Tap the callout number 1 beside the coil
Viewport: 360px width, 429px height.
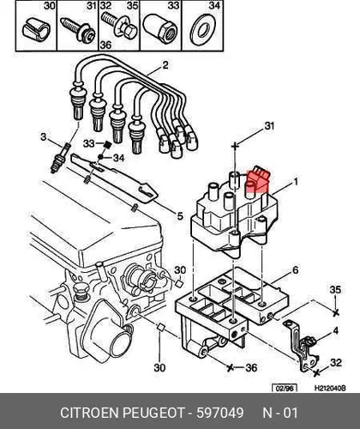(x=296, y=182)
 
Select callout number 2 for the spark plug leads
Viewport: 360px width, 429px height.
(x=165, y=65)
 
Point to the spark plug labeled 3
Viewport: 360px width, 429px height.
(x=60, y=158)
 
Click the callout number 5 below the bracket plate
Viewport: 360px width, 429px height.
(x=180, y=216)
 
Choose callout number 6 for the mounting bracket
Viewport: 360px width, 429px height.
(x=295, y=270)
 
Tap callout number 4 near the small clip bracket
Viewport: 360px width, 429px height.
(x=336, y=330)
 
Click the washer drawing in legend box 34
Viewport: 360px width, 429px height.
(x=203, y=31)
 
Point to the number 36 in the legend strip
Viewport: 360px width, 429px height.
(x=105, y=45)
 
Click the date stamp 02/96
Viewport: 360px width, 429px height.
(x=285, y=388)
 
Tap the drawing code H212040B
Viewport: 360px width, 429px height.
(x=330, y=388)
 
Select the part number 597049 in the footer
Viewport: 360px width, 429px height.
(x=220, y=413)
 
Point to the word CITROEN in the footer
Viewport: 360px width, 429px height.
(x=90, y=413)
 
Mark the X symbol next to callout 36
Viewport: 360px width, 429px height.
(x=230, y=367)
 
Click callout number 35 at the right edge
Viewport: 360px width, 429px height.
(x=335, y=290)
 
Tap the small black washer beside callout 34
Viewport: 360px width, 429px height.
(x=100, y=157)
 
